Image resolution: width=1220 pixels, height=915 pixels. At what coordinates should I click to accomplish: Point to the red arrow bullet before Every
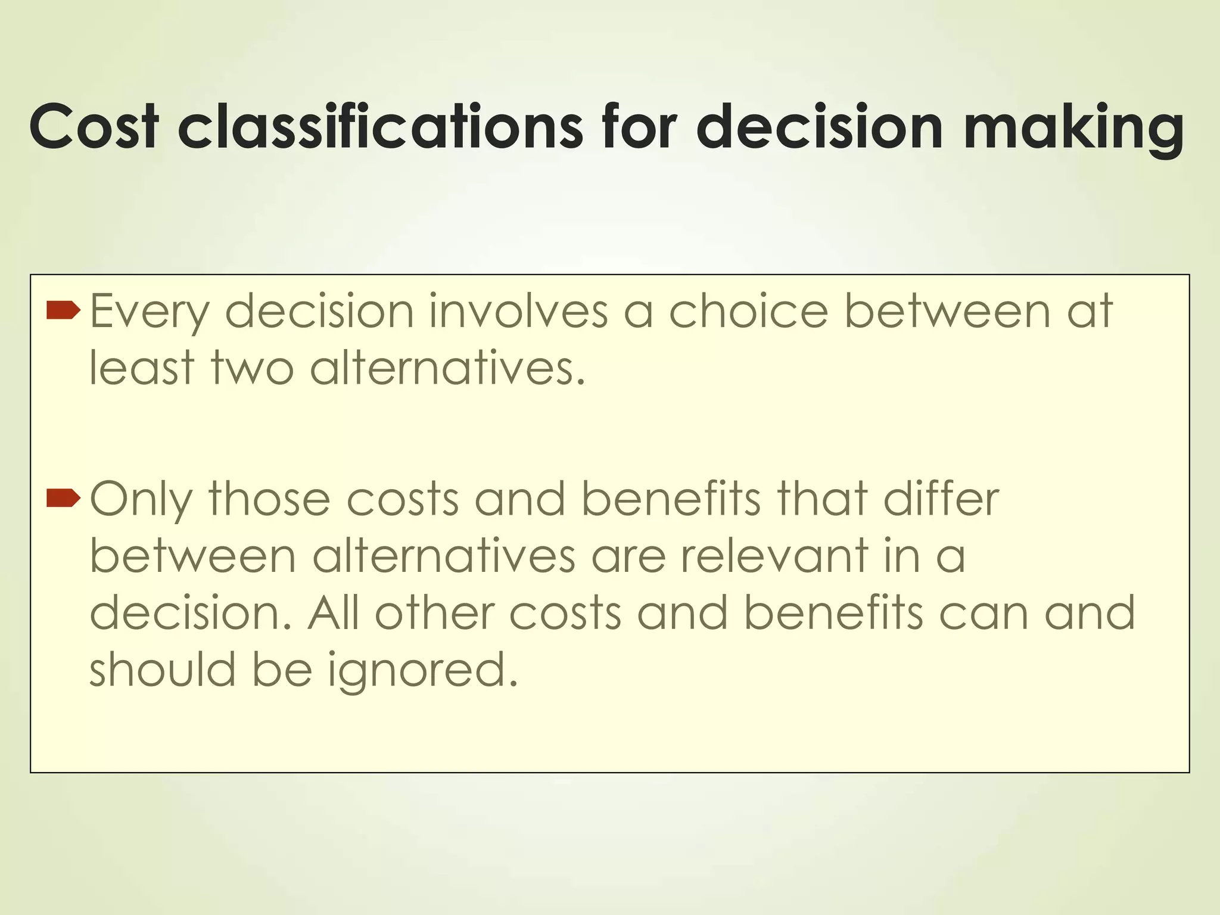point(63,310)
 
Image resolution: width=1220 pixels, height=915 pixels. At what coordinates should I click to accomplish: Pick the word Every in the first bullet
point(149,312)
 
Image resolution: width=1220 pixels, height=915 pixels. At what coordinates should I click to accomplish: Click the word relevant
point(774,555)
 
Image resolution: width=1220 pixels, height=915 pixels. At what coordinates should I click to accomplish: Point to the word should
point(162,669)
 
